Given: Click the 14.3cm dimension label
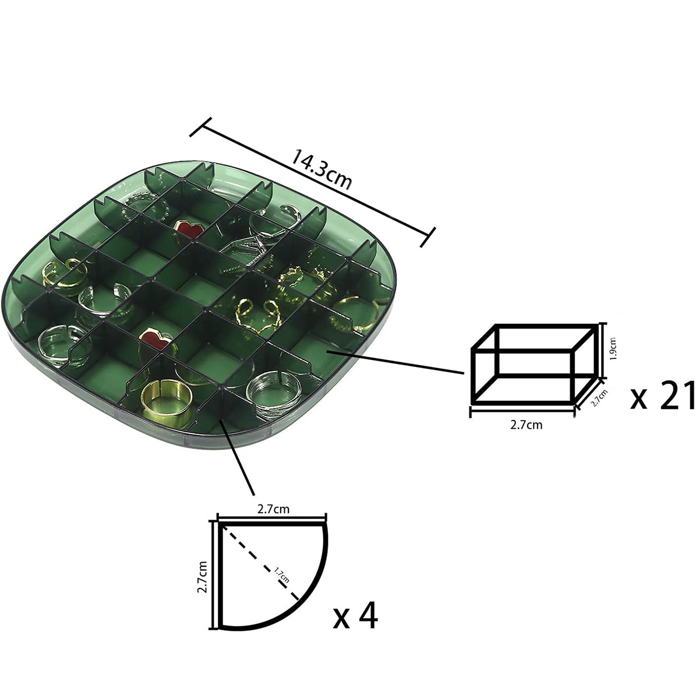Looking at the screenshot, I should point(322,170).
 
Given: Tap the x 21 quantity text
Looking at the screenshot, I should point(663,396).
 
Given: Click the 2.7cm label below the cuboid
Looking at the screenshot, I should point(526,425).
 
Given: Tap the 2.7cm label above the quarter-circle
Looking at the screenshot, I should point(273,509).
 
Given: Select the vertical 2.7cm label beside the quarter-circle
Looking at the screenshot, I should point(202,576).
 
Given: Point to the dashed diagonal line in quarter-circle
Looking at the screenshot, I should point(250,553).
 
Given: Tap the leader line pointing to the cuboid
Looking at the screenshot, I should point(396,361).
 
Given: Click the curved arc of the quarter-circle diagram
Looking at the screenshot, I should point(309,600).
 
